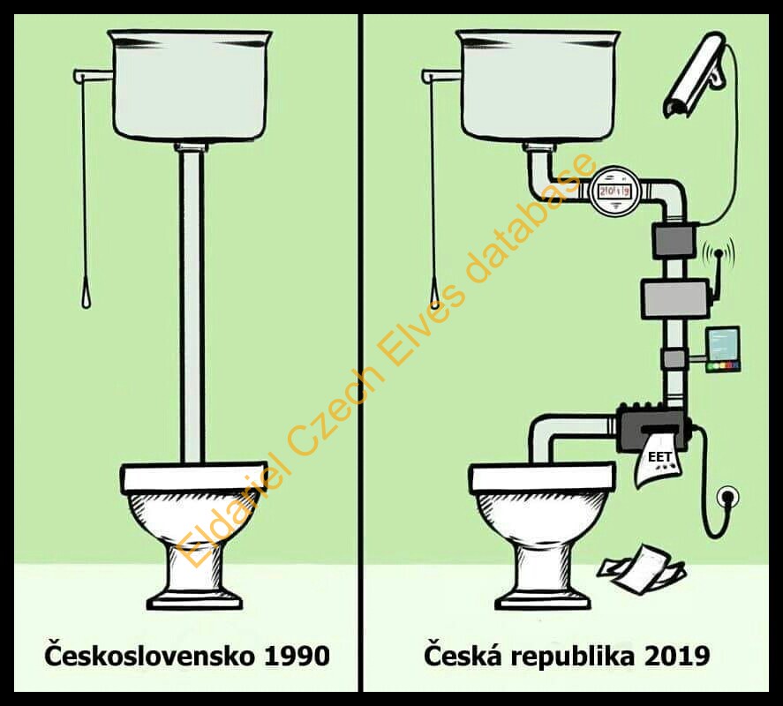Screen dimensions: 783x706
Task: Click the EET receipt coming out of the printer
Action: (x=658, y=460)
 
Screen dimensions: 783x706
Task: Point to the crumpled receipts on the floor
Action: (x=644, y=568)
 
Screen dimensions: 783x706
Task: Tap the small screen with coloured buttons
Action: (x=723, y=349)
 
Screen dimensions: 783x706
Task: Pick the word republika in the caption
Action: (x=573, y=657)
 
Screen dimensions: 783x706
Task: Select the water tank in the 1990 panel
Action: (x=190, y=85)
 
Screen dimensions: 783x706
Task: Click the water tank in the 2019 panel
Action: (x=539, y=85)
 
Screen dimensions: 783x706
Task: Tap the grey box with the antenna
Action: (x=674, y=298)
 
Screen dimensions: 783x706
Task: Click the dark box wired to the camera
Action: (x=674, y=240)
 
